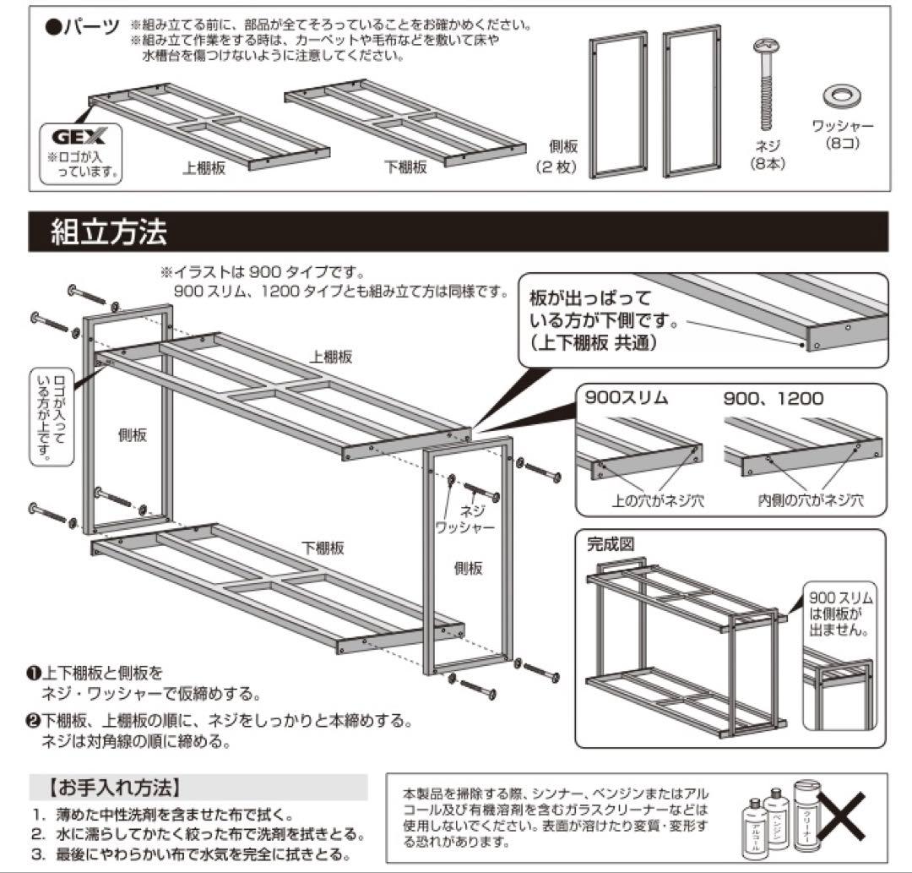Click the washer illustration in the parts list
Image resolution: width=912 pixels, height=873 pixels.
(842, 95)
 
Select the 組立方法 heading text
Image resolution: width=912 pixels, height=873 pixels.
(109, 232)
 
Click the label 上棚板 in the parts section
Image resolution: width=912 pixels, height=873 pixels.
(204, 166)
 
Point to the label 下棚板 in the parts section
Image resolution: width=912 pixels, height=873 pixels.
(405, 166)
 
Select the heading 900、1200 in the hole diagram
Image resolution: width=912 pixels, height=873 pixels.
(773, 398)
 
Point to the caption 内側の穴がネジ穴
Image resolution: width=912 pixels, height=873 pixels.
(810, 500)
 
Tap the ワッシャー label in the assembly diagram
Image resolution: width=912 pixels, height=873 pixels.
(464, 527)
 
